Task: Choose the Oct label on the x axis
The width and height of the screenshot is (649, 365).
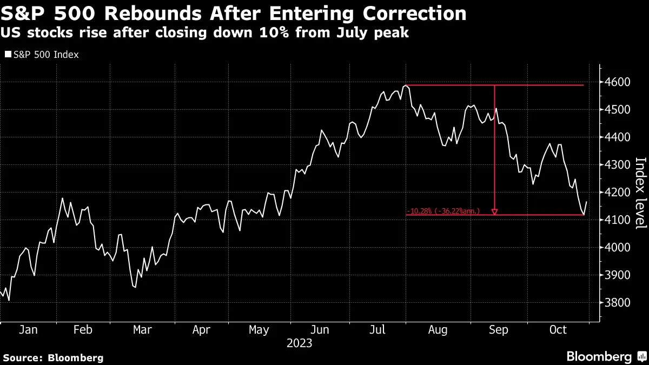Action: pos(558,330)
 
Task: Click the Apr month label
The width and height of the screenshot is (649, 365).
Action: pos(201,330)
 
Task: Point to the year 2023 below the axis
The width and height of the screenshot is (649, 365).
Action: pos(300,343)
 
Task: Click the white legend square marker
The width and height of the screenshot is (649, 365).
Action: pos(8,55)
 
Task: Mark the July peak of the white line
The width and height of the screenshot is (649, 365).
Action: pos(406,85)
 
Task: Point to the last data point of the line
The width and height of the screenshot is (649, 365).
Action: pos(587,202)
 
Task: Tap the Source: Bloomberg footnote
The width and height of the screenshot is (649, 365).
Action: pos(53,357)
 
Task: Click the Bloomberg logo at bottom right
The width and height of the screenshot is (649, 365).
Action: pos(606,356)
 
